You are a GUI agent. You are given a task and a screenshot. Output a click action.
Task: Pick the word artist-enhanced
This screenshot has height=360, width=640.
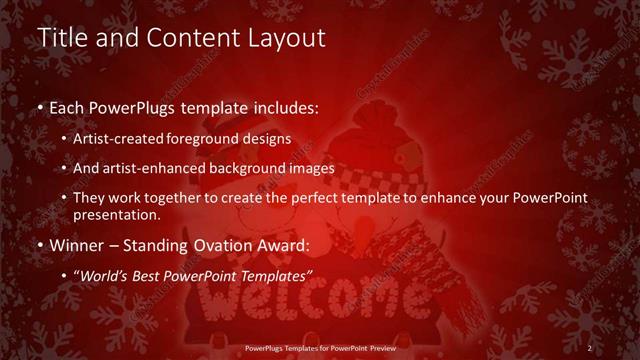click(x=161, y=168)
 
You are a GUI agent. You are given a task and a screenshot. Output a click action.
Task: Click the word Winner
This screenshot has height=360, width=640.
click(x=74, y=244)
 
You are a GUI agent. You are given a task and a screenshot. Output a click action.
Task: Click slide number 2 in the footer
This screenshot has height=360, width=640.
click(x=590, y=348)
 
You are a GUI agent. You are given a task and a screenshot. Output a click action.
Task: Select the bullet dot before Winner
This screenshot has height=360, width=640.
click(x=40, y=245)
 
